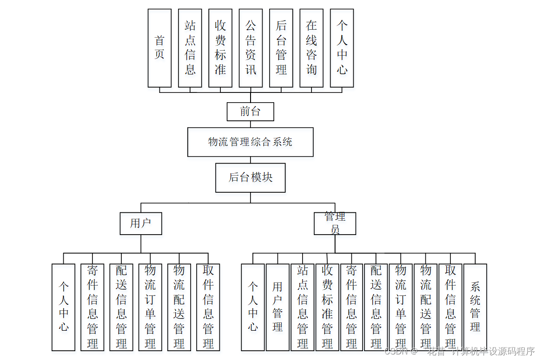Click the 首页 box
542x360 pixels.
pos(159,48)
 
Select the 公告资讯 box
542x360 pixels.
pos(251,48)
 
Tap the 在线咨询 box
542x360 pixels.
pos(311,48)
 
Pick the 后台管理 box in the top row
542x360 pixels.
pos(281,48)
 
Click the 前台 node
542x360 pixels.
pos(250,111)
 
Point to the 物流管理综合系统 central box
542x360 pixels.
pos(250,142)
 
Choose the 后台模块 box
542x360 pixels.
pos(250,177)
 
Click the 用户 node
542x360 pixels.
pos(140,223)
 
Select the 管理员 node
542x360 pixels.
pos(335,223)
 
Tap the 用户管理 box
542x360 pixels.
pos(278,307)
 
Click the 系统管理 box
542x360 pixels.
pos(475,307)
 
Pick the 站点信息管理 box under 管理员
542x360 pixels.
pos(303,307)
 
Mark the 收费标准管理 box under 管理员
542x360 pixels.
pos(327,307)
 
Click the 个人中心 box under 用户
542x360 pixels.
pos(63,307)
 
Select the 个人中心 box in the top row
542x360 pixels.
pos(342,48)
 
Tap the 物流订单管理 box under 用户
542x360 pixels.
pos(150,307)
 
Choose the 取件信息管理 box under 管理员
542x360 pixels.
pos(450,307)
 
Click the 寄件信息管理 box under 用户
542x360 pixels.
pos(92,307)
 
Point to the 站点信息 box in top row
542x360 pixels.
pos(190,48)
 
